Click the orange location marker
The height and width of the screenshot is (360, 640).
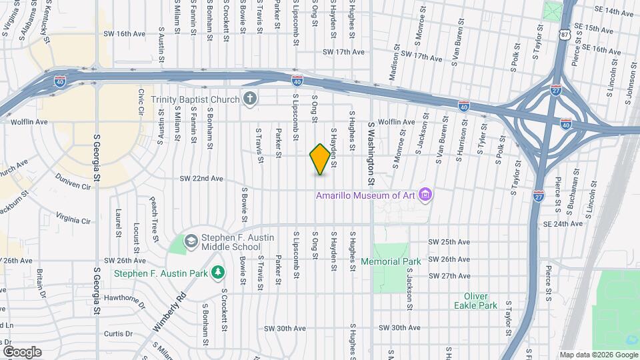pyautogui.click(x=320, y=159)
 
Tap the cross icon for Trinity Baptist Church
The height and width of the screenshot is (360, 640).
pyautogui.click(x=250, y=99)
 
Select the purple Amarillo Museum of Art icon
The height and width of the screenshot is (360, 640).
pyautogui.click(x=427, y=195)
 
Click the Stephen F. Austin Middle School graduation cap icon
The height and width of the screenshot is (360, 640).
pyautogui.click(x=191, y=240)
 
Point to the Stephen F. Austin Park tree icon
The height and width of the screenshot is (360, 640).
pyautogui.click(x=217, y=272)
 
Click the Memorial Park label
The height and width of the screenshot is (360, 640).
pyautogui.click(x=391, y=261)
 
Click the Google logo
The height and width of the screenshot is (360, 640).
pyautogui.click(x=22, y=351)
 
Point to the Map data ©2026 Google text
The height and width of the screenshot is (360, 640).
pyautogui.click(x=597, y=355)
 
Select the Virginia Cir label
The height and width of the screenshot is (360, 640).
pyautogui.click(x=73, y=219)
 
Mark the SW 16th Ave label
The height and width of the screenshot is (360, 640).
pyautogui.click(x=124, y=33)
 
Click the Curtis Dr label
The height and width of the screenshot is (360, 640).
pyautogui.click(x=119, y=333)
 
